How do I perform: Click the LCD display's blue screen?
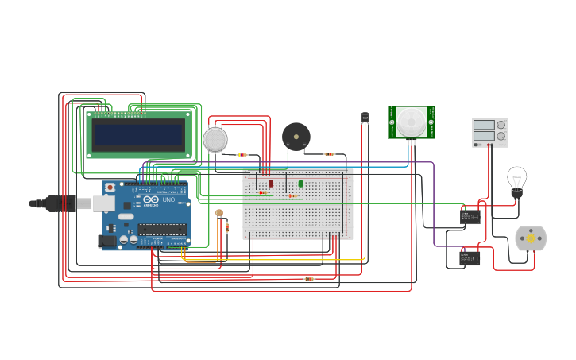[x=139, y=134]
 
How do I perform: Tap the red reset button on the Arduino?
[x=110, y=188]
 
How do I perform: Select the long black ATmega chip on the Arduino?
[x=163, y=229]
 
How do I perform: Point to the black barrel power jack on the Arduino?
[x=107, y=241]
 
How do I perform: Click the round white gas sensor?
[x=215, y=140]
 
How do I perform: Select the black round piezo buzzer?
[x=296, y=137]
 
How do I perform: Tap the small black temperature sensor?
[x=365, y=118]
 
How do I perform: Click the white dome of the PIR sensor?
[x=412, y=121]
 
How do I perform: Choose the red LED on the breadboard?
[x=271, y=183]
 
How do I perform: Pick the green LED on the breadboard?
[x=300, y=184]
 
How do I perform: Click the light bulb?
[x=516, y=180]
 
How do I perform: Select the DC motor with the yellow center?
[x=530, y=238]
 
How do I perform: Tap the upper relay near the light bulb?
[x=470, y=216]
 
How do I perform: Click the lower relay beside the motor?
[x=470, y=257]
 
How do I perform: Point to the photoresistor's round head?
[x=219, y=213]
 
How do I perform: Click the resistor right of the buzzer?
[x=329, y=154]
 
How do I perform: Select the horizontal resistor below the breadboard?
[x=309, y=279]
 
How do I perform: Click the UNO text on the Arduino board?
[x=168, y=199]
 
